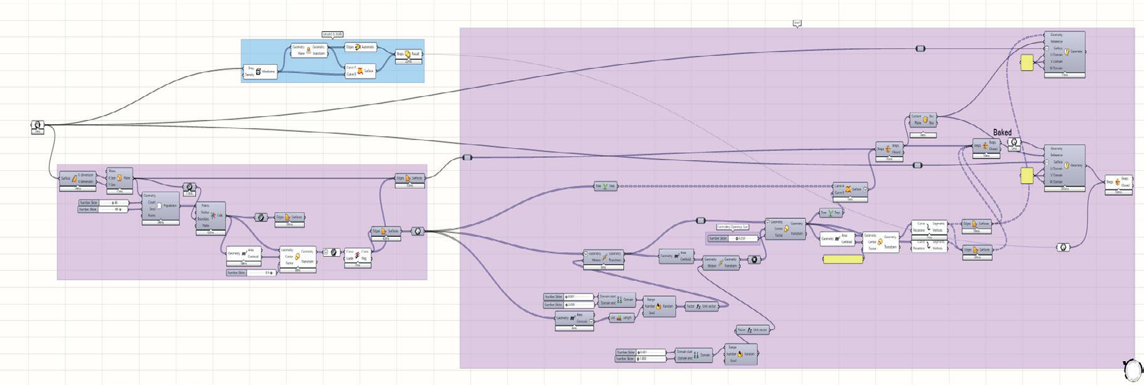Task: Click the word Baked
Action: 1002,133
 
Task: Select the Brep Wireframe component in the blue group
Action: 260,72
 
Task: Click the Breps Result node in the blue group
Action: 408,55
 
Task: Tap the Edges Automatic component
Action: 360,47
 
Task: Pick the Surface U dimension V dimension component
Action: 77,178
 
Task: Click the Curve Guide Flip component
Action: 357,255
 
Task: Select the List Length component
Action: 621,318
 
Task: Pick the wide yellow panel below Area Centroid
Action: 843,259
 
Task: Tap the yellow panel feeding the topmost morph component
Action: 1027,63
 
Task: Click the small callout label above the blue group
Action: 332,35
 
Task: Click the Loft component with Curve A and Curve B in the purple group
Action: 850,189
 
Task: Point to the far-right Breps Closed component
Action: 1118,182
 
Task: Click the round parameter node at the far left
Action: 37,126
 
